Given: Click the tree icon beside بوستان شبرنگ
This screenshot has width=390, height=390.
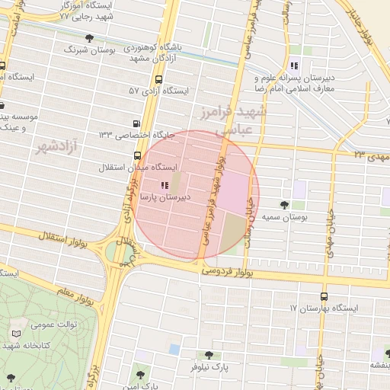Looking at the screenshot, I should click(x=90, y=38).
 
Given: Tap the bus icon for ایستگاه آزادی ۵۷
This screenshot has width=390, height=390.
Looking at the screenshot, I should click(x=158, y=80).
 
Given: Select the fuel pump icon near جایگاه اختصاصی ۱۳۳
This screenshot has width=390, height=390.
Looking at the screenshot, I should click(x=136, y=123).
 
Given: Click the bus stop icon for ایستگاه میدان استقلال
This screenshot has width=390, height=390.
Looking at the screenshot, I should click(x=138, y=155).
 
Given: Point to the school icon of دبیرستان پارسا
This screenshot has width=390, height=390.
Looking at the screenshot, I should click(x=165, y=185).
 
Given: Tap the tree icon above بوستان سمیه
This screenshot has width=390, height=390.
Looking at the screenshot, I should click(x=285, y=204).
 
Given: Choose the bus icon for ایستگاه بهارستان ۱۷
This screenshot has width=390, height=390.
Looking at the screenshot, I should click(x=324, y=296).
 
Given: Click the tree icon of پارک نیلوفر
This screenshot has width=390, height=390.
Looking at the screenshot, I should click(x=208, y=355).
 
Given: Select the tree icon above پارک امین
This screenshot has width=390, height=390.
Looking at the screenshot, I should click(x=139, y=373).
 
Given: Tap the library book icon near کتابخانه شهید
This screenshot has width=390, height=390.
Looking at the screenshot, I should click(x=16, y=334).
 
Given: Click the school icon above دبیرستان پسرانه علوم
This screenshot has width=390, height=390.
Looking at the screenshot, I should click(x=294, y=65).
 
